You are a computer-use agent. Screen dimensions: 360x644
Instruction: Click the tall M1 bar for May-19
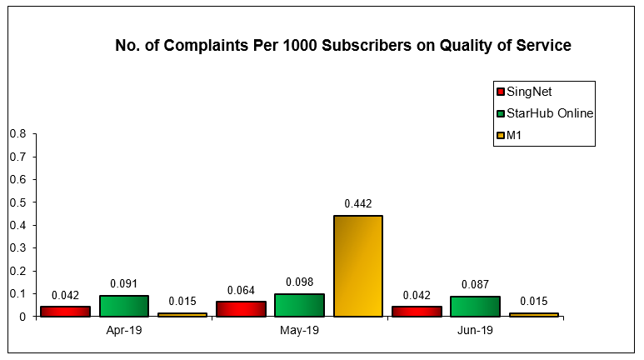pos(358,266)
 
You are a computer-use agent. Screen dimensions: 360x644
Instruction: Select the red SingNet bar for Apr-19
pos(65,312)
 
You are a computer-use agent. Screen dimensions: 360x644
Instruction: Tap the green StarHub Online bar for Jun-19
pos(475,307)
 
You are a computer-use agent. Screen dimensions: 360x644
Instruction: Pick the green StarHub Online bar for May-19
pos(299,305)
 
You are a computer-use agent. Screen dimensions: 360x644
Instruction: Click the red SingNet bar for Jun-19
pos(417,312)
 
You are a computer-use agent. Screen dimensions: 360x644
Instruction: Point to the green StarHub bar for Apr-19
pos(124,306)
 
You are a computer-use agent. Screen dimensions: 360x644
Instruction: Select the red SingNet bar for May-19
pos(241,309)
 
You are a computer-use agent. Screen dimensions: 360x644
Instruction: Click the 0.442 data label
pos(358,203)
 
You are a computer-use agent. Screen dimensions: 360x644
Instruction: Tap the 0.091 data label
pos(124,282)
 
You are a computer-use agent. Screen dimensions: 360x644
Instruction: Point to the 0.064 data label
pos(241,289)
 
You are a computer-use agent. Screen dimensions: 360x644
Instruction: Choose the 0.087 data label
pos(475,284)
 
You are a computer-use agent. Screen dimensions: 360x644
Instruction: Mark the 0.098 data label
pos(299,282)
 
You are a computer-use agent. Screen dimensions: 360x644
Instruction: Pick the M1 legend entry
pos(514,135)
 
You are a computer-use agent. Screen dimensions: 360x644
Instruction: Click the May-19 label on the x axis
pos(299,331)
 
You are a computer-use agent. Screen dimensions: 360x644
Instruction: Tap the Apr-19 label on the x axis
pos(124,331)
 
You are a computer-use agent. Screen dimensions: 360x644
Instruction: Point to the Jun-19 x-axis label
pos(475,331)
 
